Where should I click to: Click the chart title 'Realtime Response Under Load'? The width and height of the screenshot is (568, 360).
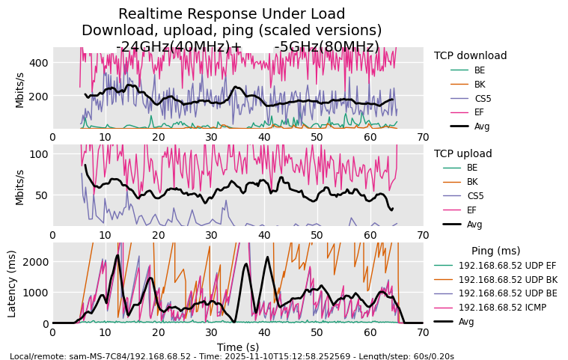tap(232, 14)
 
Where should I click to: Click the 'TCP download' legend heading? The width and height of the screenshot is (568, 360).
tap(470, 55)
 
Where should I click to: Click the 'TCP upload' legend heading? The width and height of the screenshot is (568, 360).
tap(462, 153)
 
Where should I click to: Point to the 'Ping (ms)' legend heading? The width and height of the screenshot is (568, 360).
tap(495, 251)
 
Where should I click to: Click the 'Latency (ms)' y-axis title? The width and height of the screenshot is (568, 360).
tap(12, 283)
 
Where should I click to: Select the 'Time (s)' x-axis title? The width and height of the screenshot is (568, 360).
tap(237, 347)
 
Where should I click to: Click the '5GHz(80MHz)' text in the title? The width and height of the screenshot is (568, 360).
tap(326, 46)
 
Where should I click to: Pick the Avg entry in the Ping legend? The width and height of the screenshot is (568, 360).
tap(467, 321)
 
